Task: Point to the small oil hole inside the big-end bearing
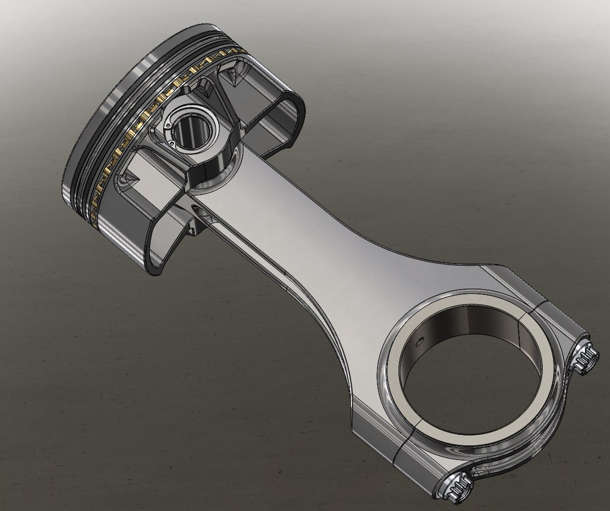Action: [419, 340]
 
